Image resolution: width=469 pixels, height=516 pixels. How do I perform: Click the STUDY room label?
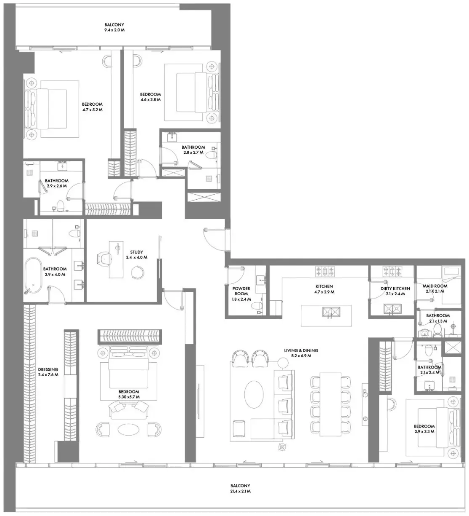pos(136,252)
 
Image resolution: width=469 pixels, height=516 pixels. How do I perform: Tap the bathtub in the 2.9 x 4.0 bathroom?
pos(33,276)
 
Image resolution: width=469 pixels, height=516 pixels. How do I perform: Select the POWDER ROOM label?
pos(241,291)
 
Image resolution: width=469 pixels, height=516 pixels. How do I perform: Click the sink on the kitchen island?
pos(331,312)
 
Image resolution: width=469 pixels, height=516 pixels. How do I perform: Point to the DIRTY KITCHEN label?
pos(395,289)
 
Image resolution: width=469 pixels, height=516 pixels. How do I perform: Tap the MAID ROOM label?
pos(435,286)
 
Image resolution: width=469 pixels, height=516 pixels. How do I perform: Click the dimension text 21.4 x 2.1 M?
pos(240,491)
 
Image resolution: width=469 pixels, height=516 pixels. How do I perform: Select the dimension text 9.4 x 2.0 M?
pos(114,30)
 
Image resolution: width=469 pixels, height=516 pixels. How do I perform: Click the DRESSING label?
pos(48,369)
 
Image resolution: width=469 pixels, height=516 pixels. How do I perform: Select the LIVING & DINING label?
pos(301,350)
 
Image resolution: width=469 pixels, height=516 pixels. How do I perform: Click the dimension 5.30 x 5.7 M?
pos(129,397)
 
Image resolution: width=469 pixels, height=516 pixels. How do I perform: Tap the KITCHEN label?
pos(324,286)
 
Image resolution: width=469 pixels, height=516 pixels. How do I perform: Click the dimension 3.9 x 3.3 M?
pos(424,432)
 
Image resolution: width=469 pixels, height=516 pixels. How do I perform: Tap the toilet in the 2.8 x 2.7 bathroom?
pos(211,155)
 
